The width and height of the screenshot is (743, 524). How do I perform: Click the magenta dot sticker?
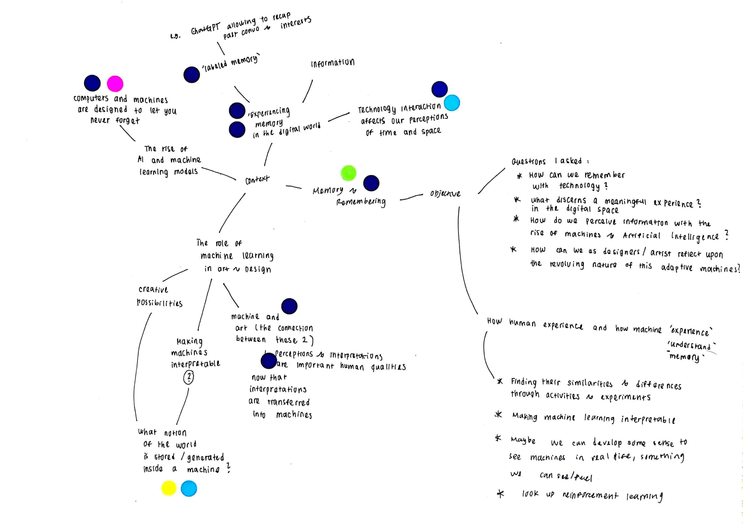click(115, 84)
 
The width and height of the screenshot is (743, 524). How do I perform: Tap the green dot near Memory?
click(348, 173)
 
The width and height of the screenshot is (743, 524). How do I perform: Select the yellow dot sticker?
click(169, 488)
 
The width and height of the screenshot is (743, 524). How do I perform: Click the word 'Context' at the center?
click(257, 179)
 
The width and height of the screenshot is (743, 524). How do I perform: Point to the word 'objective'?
click(445, 194)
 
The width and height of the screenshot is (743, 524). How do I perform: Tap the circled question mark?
click(189, 377)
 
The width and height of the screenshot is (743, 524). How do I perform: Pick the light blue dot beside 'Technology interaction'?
click(452, 103)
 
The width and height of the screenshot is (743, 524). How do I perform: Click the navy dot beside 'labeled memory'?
click(192, 75)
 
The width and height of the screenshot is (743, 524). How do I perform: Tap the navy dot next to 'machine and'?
click(289, 306)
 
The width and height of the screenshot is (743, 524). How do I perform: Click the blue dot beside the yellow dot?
click(189, 488)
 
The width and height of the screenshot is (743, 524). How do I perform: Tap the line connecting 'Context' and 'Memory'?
click(294, 187)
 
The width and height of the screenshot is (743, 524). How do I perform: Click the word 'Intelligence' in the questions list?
click(695, 237)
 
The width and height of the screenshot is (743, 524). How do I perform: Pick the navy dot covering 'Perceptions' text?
click(269, 361)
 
